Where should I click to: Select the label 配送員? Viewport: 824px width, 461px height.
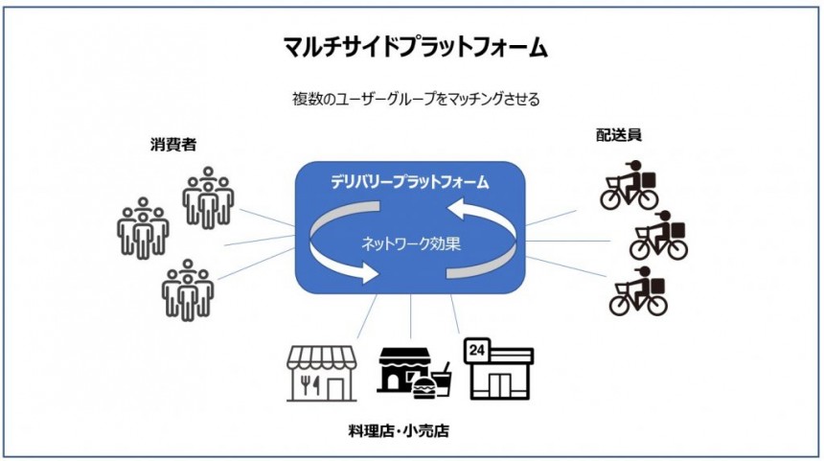pyautogui.click(x=618, y=135)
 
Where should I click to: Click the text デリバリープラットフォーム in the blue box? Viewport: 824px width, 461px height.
pyautogui.click(x=409, y=180)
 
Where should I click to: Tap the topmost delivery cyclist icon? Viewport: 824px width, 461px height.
pyautogui.click(x=629, y=188)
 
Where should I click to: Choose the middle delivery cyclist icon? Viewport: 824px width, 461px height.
pyautogui.click(x=659, y=236)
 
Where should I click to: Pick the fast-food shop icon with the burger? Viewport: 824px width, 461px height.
pyautogui.click(x=410, y=371)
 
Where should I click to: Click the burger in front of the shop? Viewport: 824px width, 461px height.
pyautogui.click(x=423, y=387)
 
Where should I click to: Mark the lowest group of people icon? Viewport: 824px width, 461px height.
pyautogui.click(x=188, y=288)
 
